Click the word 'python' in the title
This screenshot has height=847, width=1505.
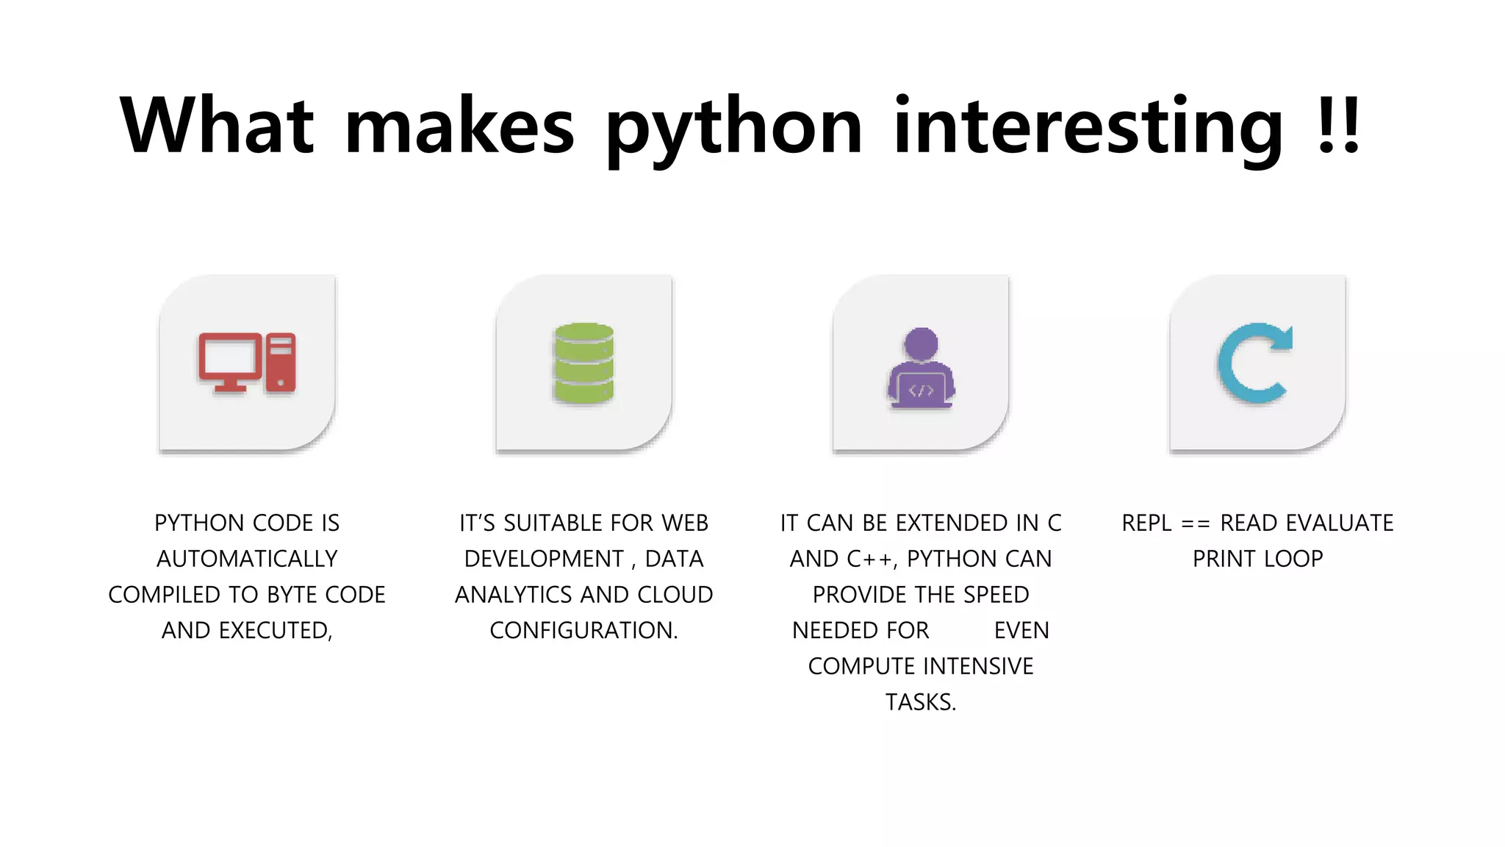point(733,129)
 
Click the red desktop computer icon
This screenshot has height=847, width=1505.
point(247,363)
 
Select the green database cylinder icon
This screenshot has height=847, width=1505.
point(583,363)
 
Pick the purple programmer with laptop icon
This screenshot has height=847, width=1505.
point(921,368)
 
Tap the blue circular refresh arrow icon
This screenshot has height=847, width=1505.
point(1255,363)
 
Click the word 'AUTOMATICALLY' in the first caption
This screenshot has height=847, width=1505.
point(247,559)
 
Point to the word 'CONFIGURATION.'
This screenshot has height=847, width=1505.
point(583,631)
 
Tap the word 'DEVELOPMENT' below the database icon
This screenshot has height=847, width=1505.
point(544,559)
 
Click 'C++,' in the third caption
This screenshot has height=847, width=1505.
point(872,559)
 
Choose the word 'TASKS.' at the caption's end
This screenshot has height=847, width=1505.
point(921,702)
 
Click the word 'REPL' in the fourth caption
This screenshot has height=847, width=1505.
point(1146,523)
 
